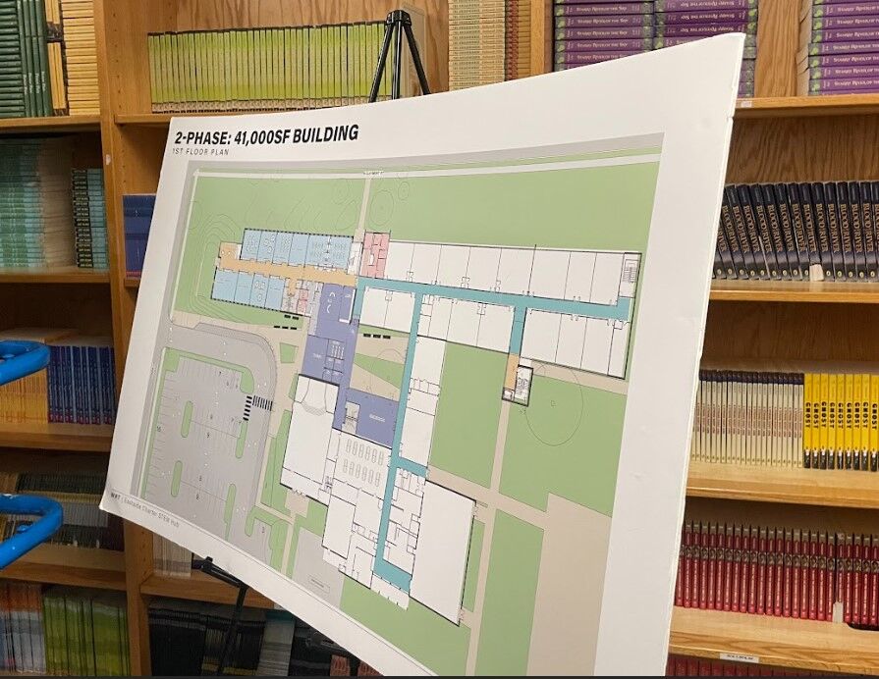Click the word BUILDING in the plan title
click(315, 133)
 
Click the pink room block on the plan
click(373, 254)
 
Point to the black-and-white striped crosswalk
click(262, 402)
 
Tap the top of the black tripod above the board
click(397, 18)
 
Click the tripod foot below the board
click(204, 566)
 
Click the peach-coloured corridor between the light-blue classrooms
click(285, 271)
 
